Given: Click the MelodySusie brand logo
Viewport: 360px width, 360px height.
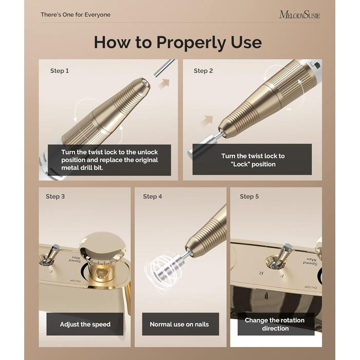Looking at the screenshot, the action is point(299,15).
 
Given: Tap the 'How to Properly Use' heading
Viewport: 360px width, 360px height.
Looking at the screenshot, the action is point(178,42).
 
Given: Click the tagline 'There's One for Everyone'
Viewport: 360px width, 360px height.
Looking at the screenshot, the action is point(76,15).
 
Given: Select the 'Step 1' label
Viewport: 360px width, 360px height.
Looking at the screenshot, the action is point(60,71).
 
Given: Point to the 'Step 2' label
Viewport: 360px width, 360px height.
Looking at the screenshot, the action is point(203,71).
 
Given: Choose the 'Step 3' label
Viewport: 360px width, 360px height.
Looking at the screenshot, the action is point(55,196).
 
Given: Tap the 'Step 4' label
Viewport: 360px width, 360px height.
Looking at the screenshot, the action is point(152,196).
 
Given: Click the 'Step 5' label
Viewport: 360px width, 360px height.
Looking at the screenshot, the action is point(249,196).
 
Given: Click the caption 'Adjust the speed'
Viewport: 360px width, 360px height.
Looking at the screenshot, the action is point(85,324).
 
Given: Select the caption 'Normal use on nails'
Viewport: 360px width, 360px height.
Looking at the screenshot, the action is point(179,324).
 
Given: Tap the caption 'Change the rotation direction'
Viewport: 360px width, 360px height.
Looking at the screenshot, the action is point(275,324).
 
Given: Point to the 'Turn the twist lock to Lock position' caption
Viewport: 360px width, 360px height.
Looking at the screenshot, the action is point(253,160).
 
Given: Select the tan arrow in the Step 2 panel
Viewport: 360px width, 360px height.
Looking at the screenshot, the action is point(207,120).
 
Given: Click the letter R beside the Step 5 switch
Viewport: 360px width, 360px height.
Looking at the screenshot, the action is point(261,273).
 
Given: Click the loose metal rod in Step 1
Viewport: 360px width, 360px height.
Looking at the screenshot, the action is point(164,68).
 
